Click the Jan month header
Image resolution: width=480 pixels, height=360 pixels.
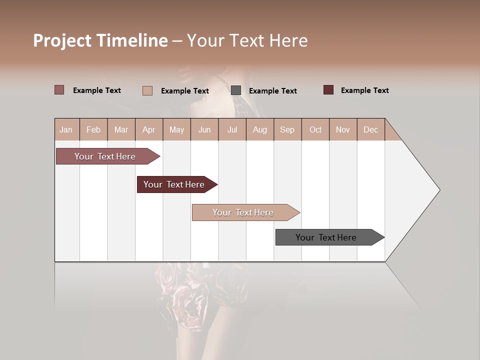click(66, 130)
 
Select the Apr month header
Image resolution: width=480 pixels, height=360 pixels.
click(149, 130)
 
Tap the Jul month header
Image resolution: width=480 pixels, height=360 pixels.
click(232, 130)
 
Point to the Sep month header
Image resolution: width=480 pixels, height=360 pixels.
click(287, 130)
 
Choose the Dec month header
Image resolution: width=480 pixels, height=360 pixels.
click(370, 130)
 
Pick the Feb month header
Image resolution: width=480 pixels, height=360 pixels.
click(93, 130)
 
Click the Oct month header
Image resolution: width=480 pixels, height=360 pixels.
click(315, 130)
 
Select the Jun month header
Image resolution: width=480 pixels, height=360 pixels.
click(204, 130)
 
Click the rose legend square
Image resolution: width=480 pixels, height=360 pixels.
click(59, 90)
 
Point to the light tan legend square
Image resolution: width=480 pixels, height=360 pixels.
click(147, 90)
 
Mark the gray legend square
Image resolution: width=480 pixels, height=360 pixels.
click(236, 90)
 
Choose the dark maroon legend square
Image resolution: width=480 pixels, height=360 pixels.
click(328, 90)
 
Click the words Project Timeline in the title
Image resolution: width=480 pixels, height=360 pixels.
click(100, 40)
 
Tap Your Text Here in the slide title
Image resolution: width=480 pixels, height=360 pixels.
click(247, 40)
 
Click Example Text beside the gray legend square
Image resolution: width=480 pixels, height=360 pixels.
click(272, 91)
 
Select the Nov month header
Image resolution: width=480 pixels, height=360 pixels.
click(343, 130)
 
